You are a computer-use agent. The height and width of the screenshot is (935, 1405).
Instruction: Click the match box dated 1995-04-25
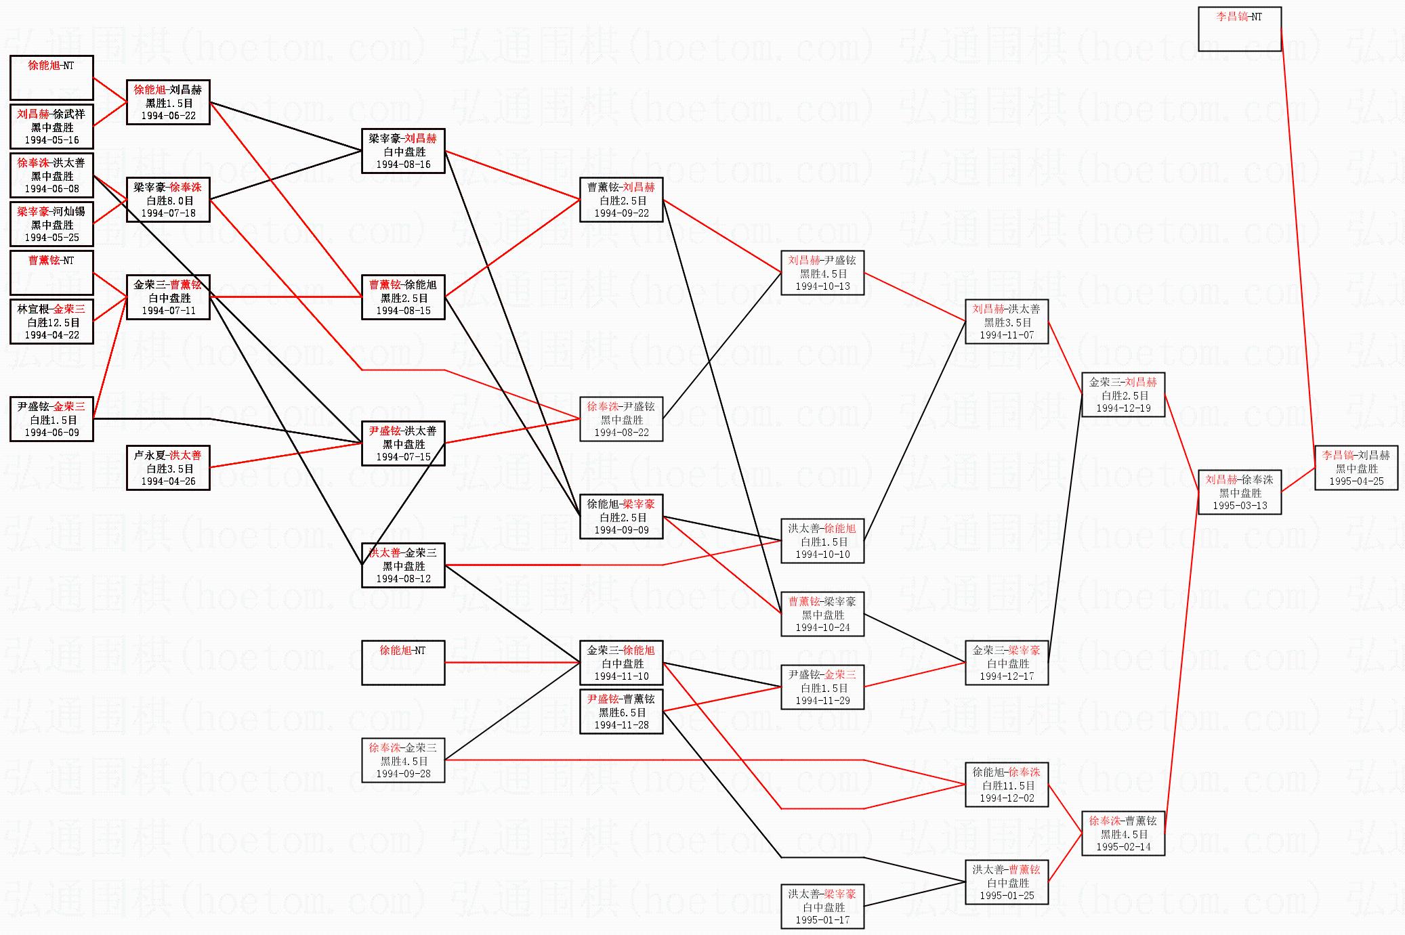click(1356, 468)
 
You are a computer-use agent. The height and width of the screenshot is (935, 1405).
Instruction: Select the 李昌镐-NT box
click(1239, 29)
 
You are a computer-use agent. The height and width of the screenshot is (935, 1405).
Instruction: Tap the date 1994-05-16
click(51, 140)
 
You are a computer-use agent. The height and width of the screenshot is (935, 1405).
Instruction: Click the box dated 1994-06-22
click(168, 102)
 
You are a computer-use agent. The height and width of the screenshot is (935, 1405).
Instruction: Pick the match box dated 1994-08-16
click(403, 151)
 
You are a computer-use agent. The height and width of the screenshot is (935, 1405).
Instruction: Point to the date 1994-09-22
click(621, 213)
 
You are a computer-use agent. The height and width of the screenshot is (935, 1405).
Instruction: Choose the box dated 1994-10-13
click(822, 273)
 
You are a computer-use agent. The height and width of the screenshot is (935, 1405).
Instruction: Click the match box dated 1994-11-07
click(1007, 322)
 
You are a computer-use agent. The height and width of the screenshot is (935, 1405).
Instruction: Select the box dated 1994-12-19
click(1123, 395)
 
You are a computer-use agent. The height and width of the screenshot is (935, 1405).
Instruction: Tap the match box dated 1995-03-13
click(1239, 492)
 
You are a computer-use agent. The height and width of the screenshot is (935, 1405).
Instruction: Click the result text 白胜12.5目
click(53, 322)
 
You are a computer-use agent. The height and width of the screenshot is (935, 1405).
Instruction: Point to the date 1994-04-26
click(168, 481)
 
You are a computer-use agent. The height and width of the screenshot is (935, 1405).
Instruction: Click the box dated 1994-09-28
click(403, 760)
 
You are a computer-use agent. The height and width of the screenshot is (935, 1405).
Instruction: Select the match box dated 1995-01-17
click(822, 907)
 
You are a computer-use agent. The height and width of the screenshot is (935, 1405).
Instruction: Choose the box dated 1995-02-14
click(1123, 833)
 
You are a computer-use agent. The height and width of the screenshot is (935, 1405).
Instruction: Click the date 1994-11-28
click(621, 725)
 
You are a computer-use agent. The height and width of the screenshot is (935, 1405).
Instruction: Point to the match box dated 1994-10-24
click(822, 614)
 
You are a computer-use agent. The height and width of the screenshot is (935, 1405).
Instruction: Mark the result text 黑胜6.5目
click(622, 712)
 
